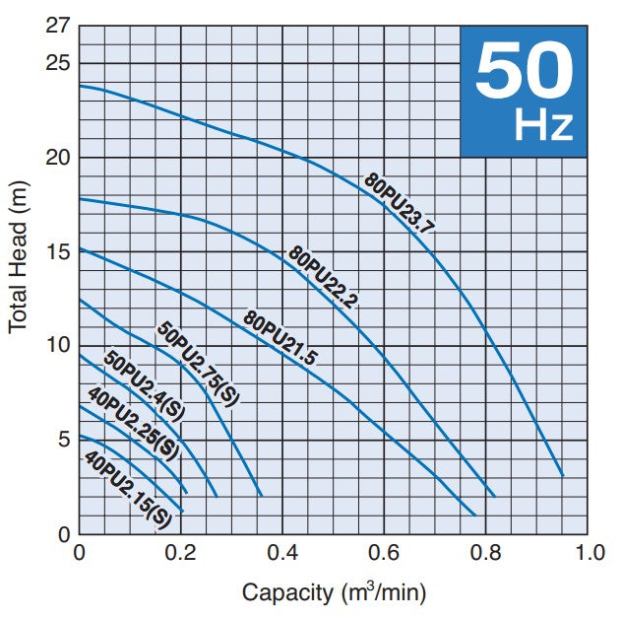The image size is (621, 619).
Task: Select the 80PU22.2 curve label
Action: (323, 278)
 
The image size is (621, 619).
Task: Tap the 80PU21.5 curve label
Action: (280, 338)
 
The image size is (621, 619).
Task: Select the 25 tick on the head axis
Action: (59, 64)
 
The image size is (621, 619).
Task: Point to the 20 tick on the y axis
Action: (59, 158)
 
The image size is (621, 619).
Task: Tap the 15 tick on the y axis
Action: (59, 251)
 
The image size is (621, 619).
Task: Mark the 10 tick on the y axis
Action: (59, 346)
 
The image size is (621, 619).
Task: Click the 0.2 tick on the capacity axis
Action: (181, 552)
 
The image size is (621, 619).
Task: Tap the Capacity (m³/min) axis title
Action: (334, 592)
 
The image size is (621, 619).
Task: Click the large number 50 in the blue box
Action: (524, 71)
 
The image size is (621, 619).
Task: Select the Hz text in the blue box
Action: (543, 125)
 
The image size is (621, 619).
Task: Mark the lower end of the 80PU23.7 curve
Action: (562, 475)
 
